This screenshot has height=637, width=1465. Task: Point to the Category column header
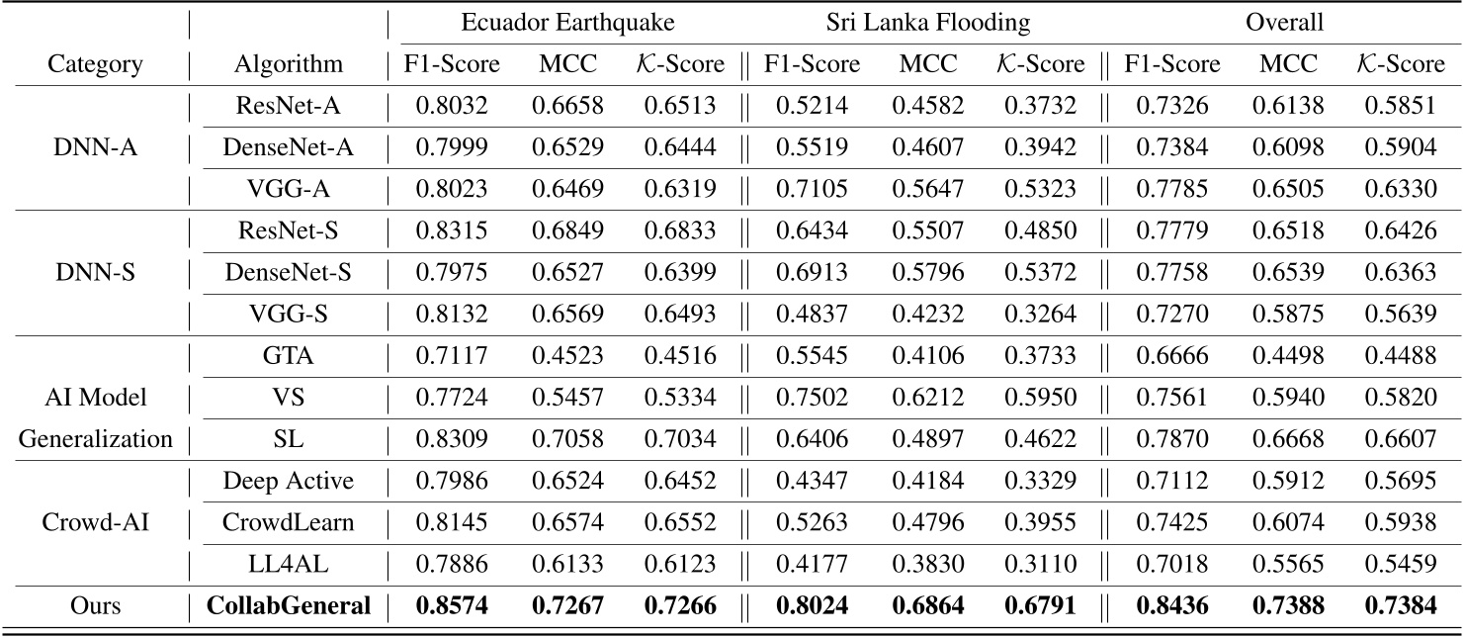[94, 65]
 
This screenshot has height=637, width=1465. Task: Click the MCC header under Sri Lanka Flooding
[927, 65]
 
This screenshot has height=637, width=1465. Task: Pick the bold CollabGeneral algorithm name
[289, 604]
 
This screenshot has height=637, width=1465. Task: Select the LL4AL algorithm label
[289, 562]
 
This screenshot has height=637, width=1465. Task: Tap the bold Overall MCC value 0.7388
[1287, 604]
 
